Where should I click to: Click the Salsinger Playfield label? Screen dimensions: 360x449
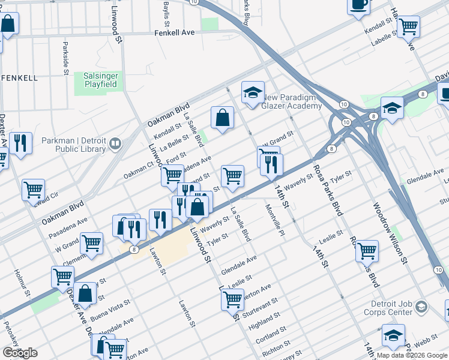[99, 82]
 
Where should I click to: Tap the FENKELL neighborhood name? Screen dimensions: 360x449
[19, 78]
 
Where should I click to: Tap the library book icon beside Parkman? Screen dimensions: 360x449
[115, 144]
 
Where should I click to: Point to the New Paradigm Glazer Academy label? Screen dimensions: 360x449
[293, 101]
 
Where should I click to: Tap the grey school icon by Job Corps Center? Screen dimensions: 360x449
[422, 307]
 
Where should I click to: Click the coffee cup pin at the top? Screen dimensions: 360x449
[359, 5]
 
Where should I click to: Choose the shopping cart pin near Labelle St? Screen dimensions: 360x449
[408, 26]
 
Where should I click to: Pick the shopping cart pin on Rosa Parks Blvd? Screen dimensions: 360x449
[367, 250]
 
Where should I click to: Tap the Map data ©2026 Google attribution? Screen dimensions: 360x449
[411, 355]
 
